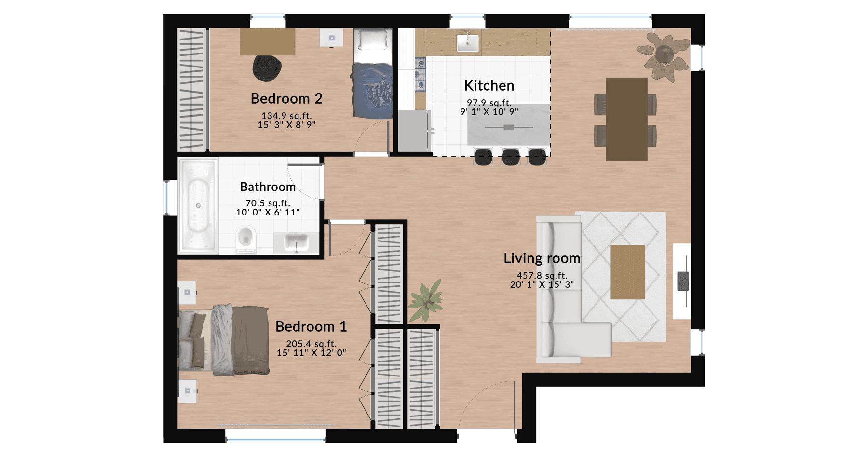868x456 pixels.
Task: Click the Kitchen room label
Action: (489, 85)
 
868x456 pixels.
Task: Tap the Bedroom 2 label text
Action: (286, 98)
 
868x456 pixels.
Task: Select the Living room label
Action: (542, 258)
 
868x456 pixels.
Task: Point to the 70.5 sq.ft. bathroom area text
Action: (268, 203)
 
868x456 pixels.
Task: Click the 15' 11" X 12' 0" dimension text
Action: (311, 353)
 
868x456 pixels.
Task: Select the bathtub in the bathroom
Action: (198, 205)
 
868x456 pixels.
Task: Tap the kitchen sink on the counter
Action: (467, 42)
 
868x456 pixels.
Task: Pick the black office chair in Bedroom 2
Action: (267, 68)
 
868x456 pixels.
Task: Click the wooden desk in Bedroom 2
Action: (268, 41)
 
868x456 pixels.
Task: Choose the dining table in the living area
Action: (626, 119)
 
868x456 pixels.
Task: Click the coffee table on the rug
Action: (628, 272)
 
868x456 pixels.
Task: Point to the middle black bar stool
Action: (511, 157)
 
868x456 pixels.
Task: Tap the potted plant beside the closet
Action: (426, 300)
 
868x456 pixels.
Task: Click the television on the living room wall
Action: (683, 281)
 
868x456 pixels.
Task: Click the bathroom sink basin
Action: (296, 242)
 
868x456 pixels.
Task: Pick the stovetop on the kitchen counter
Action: (420, 75)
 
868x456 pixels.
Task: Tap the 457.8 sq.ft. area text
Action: (542, 276)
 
